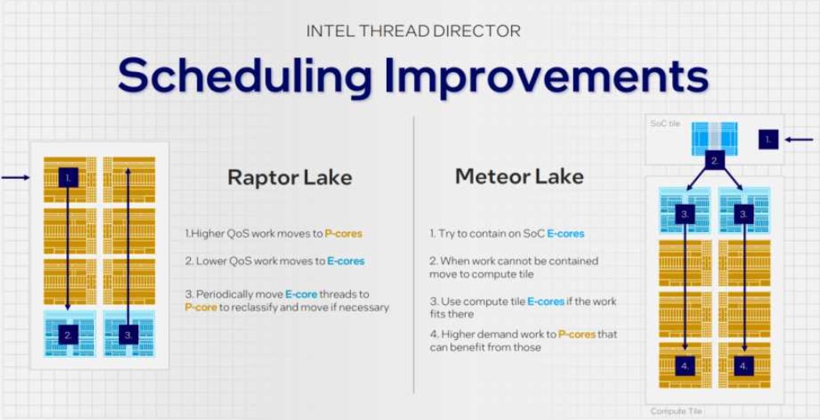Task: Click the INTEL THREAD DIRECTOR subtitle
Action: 413,31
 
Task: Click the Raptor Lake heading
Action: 290,177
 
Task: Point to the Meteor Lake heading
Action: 519,176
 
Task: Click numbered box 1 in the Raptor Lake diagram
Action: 68,178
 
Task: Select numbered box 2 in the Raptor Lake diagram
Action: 68,334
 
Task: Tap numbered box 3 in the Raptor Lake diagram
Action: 129,334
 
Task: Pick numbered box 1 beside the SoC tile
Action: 768,140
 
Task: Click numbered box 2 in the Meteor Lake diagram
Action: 714,161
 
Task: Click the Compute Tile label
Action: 676,412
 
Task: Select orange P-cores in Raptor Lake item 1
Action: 343,234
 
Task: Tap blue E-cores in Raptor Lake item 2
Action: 345,261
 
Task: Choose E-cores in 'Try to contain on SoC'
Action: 565,234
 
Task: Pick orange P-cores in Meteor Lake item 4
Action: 577,333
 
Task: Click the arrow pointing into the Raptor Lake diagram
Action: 15,178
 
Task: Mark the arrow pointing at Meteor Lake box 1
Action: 799,140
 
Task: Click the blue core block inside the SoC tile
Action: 714,138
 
